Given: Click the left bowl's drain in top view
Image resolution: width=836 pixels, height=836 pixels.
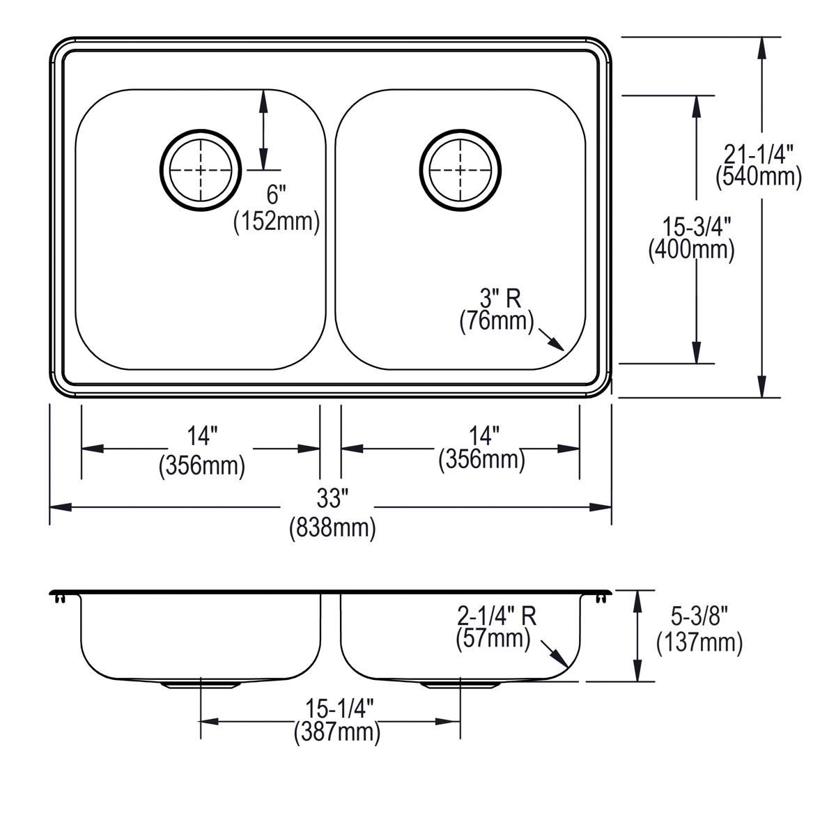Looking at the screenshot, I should click(x=201, y=169).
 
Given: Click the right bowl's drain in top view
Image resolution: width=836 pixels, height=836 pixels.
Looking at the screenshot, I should click(x=460, y=169).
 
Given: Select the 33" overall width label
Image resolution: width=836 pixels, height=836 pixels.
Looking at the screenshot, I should click(x=332, y=498).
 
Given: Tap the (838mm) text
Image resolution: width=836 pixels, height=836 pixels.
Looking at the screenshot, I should click(x=332, y=528).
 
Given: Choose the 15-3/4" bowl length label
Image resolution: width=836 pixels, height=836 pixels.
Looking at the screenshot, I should click(x=691, y=225).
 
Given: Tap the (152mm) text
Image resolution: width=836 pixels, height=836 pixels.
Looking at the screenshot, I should click(x=277, y=222).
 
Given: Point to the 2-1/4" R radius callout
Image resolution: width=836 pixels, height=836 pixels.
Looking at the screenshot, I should click(x=496, y=615).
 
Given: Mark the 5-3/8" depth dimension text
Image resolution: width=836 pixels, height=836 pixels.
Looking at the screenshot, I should click(x=699, y=616).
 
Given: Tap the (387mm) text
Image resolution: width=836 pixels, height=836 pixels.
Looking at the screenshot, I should click(x=336, y=732).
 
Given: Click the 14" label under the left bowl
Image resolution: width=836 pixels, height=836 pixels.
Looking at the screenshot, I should click(x=202, y=437).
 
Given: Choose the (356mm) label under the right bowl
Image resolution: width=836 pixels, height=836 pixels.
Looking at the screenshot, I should click(x=481, y=460).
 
